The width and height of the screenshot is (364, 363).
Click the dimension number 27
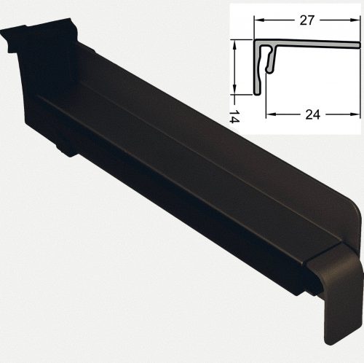point(306,20)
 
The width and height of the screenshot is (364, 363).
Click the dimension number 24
point(313,114)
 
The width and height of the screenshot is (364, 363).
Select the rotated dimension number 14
point(234,116)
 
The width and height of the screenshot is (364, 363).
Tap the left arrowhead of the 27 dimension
point(258,20)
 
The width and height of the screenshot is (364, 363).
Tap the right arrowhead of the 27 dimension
point(356,20)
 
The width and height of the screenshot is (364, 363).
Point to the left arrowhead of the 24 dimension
point(270,114)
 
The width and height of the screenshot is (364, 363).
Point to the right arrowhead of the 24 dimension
point(356,114)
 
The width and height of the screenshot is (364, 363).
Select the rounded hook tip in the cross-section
point(269,70)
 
